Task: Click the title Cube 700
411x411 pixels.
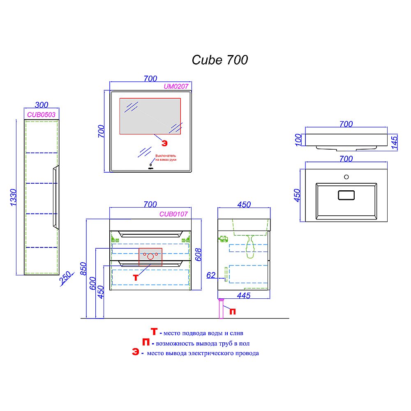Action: coord(220,60)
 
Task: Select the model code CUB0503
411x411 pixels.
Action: coord(41,115)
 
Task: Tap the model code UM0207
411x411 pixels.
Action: coord(176,86)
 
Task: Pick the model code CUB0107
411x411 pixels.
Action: coord(173,214)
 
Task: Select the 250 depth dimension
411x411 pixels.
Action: coord(64,280)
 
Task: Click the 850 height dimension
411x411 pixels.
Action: coord(84,270)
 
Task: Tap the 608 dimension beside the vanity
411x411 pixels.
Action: coord(197,254)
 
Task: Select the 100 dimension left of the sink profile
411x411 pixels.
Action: coord(299,139)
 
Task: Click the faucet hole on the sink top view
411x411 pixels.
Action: coord(346,177)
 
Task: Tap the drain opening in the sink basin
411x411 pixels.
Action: coord(346,195)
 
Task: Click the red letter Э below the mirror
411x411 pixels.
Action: coord(164,143)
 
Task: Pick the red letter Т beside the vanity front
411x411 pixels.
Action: coord(136,277)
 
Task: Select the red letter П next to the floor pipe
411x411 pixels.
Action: coord(232,312)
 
